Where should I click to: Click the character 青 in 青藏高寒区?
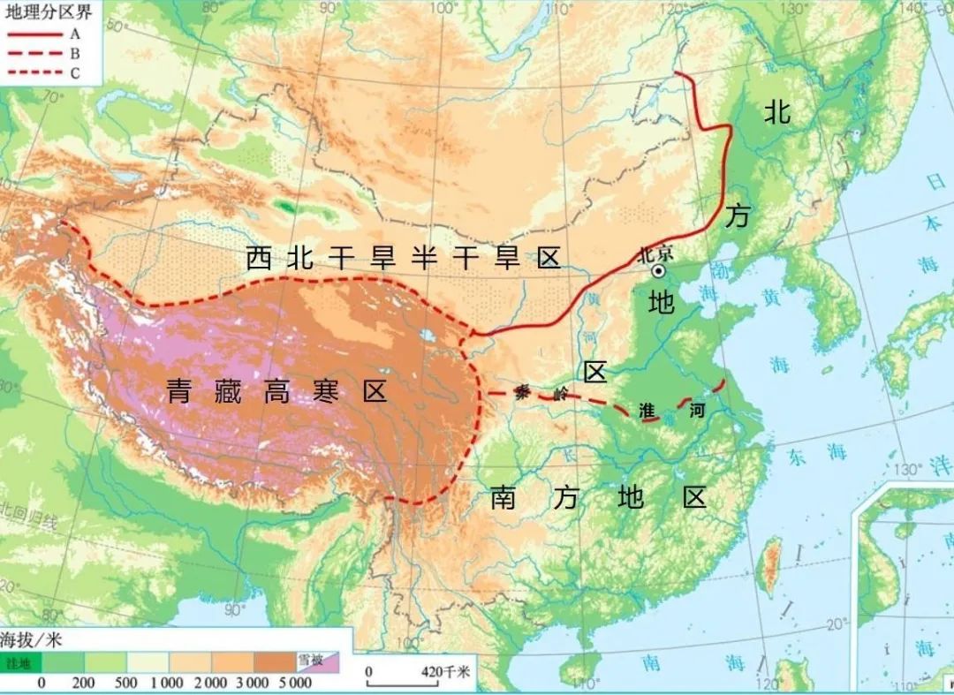[179, 392]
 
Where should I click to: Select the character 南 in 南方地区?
[503, 498]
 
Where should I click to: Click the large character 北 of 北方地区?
[777, 111]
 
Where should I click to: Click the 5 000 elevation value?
[294, 683]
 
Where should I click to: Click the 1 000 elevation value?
[166, 683]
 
